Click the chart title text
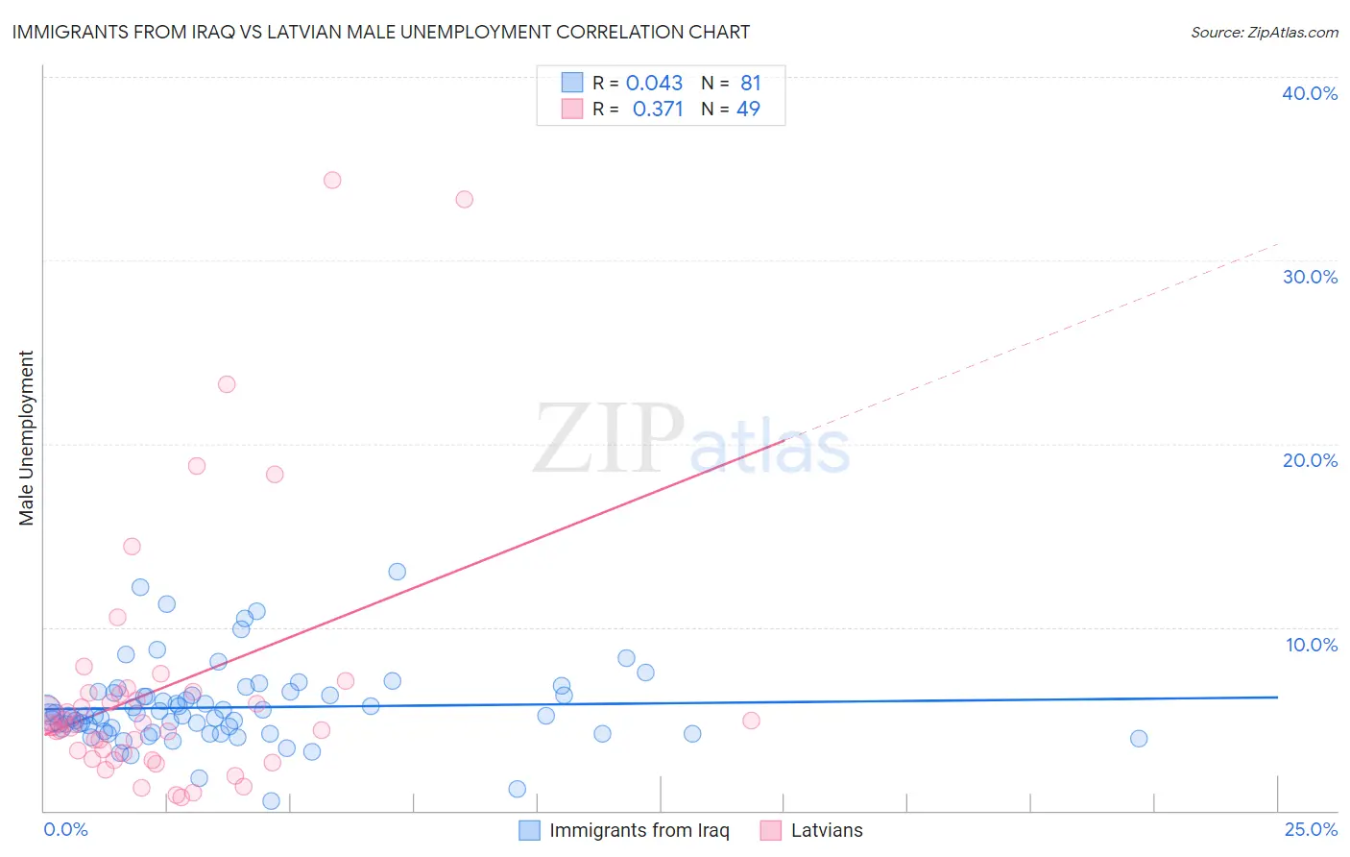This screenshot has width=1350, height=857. [381, 32]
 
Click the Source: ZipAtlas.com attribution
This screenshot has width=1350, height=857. [1264, 32]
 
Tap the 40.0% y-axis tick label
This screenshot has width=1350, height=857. [1310, 93]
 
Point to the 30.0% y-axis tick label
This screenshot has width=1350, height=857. [1310, 277]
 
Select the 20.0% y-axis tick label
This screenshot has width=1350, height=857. [1310, 460]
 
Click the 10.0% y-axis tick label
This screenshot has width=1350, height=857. [1311, 645]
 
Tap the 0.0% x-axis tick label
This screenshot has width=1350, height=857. [65, 829]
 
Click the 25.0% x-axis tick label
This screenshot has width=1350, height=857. [1311, 829]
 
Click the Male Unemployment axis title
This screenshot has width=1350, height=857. [27, 438]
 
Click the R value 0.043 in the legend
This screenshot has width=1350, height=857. [654, 84]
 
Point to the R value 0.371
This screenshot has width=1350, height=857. [658, 110]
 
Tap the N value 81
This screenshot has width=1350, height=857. [750, 84]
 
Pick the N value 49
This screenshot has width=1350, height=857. [748, 110]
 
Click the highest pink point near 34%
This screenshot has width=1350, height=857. [332, 180]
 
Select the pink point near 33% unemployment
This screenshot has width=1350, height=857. [464, 199]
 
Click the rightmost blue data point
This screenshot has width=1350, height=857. [1139, 738]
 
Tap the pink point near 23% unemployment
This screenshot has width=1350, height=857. [227, 384]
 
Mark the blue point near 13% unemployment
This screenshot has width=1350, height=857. [397, 572]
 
